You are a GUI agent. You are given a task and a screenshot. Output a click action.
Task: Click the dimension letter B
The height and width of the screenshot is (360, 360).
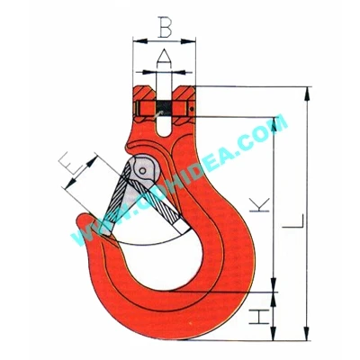(165, 29)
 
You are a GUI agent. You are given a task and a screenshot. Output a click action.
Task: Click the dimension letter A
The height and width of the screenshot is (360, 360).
(164, 56)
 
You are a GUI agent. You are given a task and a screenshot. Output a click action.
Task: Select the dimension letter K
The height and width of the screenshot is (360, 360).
(259, 204)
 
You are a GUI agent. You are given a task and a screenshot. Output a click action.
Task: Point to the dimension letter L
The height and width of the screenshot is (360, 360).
(293, 221)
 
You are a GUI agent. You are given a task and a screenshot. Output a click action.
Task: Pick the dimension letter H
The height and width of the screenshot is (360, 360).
(259, 317)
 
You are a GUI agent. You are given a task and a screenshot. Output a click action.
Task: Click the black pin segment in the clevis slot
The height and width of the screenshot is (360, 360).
(164, 106)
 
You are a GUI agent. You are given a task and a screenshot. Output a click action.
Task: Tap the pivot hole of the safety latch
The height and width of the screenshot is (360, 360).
(143, 171)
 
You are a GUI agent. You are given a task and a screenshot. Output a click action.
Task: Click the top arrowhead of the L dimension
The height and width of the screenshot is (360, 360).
(307, 94)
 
